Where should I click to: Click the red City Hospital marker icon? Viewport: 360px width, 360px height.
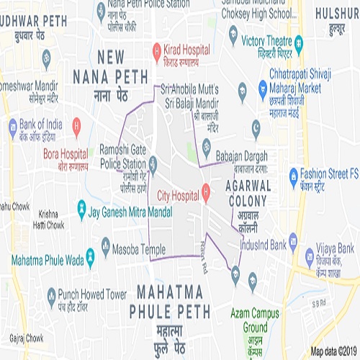click(205, 192)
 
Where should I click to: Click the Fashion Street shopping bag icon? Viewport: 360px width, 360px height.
click(293, 176)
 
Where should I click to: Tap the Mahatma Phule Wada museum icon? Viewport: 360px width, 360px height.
click(91, 256)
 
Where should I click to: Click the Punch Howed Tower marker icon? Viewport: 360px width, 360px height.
click(51, 294)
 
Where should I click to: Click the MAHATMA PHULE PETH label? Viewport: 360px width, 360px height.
click(171, 302)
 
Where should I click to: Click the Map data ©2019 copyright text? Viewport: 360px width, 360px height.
click(333, 352)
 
